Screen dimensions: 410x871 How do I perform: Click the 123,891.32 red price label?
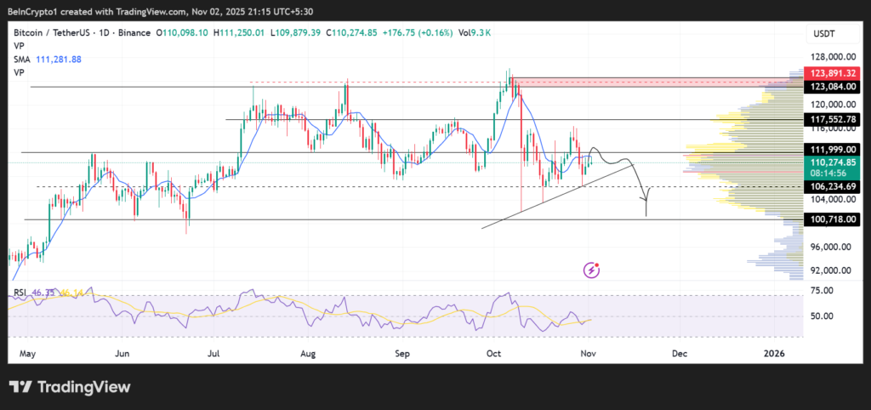click(x=833, y=75)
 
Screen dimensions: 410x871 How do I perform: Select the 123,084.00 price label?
click(x=833, y=87)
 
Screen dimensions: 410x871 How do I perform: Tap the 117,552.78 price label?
click(x=833, y=120)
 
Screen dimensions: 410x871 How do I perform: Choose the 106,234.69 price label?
click(x=833, y=186)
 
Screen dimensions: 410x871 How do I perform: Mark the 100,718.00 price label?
click(x=833, y=219)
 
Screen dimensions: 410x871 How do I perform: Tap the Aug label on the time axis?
click(x=308, y=352)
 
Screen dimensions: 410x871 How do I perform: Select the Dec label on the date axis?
click(x=679, y=352)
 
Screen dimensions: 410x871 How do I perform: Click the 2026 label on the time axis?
click(x=772, y=352)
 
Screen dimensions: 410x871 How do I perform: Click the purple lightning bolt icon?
click(x=593, y=270)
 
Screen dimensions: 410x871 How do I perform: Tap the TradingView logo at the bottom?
click(x=70, y=387)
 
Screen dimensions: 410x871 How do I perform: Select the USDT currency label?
click(x=823, y=32)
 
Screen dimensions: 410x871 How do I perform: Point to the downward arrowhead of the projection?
click(x=646, y=213)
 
